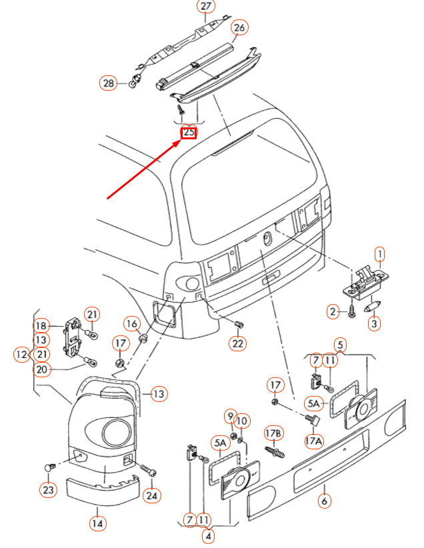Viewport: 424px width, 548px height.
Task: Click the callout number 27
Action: pos(205,7)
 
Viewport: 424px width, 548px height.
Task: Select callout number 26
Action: pos(239,27)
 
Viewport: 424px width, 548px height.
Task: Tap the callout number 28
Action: pos(108,83)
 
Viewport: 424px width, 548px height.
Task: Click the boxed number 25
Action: pos(189,132)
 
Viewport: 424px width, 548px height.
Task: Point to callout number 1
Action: pos(379,254)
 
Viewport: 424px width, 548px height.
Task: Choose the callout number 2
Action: pos(333,311)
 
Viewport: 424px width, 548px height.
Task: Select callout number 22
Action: pos(238,343)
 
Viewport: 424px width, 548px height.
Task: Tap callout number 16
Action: pos(132,324)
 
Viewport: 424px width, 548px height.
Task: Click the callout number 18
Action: pos(41,325)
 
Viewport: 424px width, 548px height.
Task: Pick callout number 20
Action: pos(41,370)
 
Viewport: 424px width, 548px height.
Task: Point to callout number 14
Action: pos(98,523)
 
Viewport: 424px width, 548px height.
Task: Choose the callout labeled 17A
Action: pos(313,440)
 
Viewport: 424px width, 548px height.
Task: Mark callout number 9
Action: pos(230,416)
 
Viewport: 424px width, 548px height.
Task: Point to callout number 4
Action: pos(208,535)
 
